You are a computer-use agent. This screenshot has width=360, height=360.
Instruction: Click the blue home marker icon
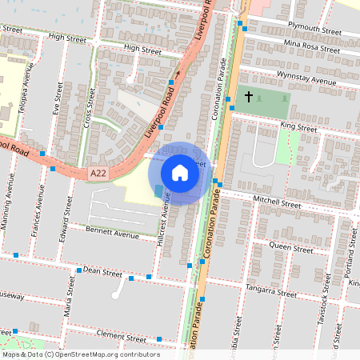[180, 173]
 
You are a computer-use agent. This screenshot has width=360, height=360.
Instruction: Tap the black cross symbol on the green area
[248, 97]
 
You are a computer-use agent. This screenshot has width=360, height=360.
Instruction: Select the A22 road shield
[98, 172]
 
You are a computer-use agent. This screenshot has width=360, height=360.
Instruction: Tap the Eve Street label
[57, 98]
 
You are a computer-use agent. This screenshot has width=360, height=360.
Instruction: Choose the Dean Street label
[102, 273]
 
